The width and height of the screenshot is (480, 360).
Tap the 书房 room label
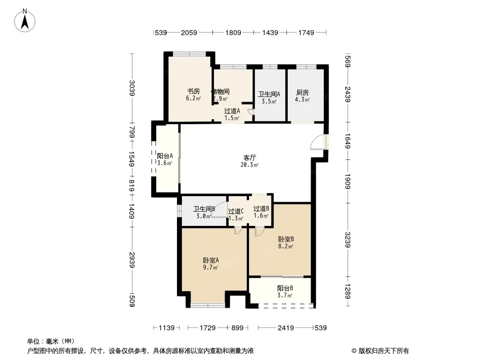(193, 90)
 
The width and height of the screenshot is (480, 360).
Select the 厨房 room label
(302, 93)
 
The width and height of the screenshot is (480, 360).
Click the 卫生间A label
(269, 94)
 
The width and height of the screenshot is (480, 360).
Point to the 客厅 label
(249, 158)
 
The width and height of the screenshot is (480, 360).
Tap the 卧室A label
(210, 260)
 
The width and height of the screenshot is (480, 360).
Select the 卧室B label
(286, 239)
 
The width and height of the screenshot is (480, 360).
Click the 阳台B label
(285, 288)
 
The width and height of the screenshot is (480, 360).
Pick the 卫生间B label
(204, 209)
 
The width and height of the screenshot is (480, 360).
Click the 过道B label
(261, 209)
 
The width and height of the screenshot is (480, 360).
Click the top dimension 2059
(189, 32)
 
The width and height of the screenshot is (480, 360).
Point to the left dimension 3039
(131, 87)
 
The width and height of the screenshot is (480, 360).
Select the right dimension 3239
(348, 239)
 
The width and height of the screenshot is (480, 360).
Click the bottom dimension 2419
(286, 328)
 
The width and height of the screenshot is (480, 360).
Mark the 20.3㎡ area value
(249, 165)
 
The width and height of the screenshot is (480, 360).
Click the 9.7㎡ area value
(210, 267)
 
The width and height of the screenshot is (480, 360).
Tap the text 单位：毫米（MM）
(51, 342)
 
